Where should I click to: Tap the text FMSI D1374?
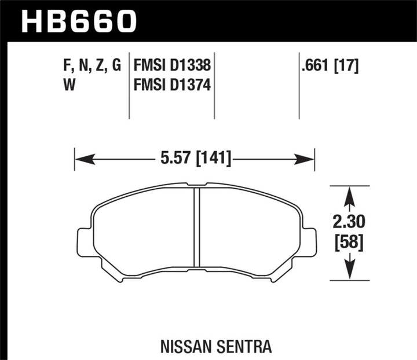(171, 86)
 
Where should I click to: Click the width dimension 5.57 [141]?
(194, 157)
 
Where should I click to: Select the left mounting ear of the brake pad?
(85, 241)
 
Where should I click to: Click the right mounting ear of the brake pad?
(309, 241)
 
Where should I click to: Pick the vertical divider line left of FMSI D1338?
(129, 87)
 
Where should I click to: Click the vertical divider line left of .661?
(299, 87)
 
